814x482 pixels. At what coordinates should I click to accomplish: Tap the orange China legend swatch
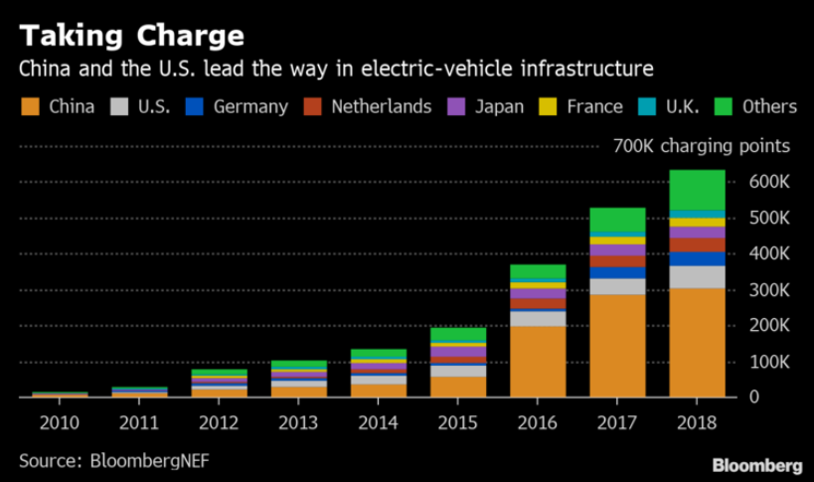click(29, 106)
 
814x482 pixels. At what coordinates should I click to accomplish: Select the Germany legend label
click(250, 106)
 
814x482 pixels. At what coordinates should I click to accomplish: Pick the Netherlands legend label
click(382, 106)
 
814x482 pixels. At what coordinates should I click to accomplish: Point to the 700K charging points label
click(702, 146)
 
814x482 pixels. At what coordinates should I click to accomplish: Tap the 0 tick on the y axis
click(783, 397)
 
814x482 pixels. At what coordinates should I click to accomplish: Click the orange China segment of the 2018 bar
click(697, 343)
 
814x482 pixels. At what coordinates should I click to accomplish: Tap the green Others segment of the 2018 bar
click(697, 190)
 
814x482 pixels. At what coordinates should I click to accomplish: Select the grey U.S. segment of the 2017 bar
click(617, 286)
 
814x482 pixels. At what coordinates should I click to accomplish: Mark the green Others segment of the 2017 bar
click(617, 220)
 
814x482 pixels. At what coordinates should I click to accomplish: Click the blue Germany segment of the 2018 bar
click(697, 258)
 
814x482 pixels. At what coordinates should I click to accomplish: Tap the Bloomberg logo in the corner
click(757, 465)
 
